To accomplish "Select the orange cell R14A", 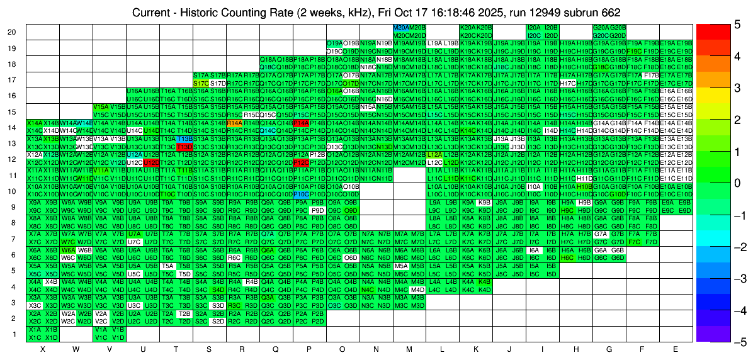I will pos(234,123).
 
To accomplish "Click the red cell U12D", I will pos(151,162).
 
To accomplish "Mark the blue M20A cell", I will pos(400,28).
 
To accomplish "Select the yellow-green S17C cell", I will pos(201,82).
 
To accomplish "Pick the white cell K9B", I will pos(484,202).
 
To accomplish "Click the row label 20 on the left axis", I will pos(11,32).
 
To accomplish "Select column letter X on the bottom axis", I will pos(43,349).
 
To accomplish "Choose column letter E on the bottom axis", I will pos(675,349).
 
